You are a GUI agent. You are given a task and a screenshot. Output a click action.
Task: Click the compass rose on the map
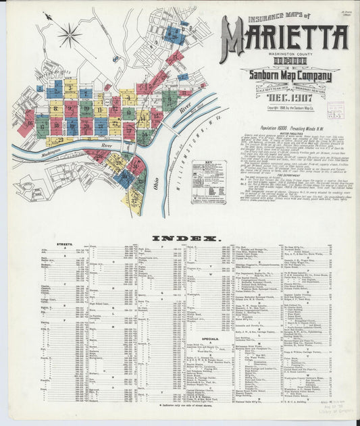(69, 34)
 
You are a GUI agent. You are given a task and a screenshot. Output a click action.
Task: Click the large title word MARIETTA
(283, 40)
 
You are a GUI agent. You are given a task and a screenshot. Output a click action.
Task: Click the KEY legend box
(208, 176)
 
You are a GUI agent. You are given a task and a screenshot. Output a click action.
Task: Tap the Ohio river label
(157, 182)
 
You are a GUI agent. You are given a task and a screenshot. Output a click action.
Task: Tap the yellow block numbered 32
(135, 199)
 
